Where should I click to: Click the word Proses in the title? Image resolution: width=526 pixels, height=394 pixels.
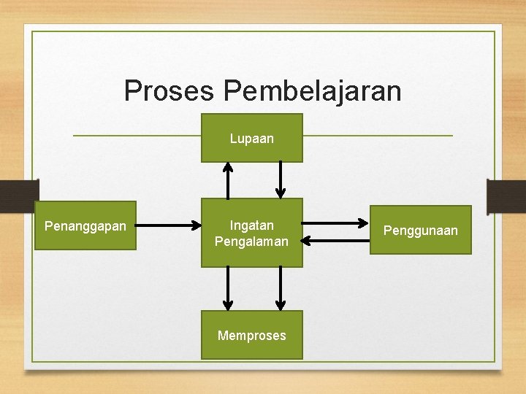(x=170, y=91)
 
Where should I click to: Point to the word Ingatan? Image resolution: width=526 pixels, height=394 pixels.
(x=252, y=225)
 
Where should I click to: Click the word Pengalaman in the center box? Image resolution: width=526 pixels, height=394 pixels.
(x=252, y=241)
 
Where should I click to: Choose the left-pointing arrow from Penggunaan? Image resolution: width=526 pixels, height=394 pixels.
(x=335, y=238)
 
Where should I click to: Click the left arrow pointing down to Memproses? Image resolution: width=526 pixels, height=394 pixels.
(x=228, y=287)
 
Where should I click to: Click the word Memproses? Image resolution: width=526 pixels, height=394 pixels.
(x=252, y=336)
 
